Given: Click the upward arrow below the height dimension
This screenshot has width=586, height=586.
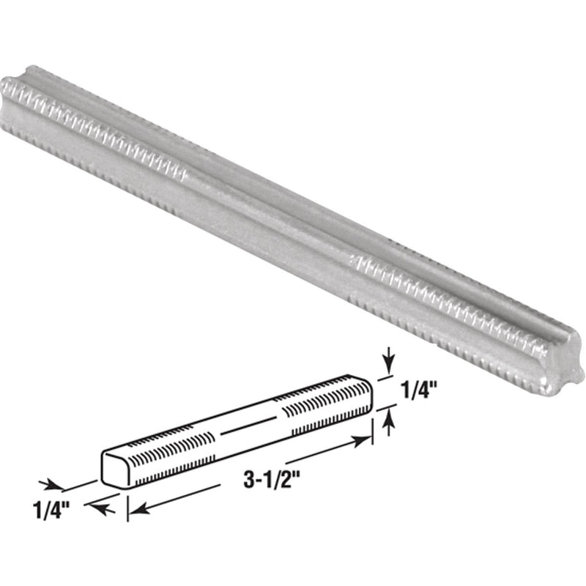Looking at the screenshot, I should pyautogui.click(x=389, y=420).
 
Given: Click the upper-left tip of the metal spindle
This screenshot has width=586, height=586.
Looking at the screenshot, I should pyautogui.click(x=15, y=84).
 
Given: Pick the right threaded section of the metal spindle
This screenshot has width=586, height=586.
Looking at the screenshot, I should pyautogui.click(x=454, y=308).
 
